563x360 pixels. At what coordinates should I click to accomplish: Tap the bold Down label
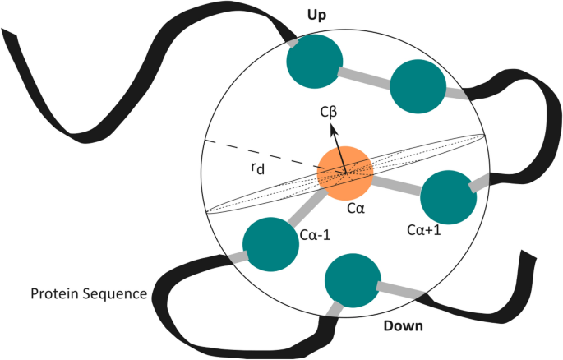[x=404, y=326]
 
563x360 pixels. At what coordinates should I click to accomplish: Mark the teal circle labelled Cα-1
[x=270, y=243]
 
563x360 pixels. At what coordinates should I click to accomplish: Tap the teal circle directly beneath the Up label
[x=314, y=59]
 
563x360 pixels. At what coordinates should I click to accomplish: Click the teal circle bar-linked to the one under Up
[x=418, y=87]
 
